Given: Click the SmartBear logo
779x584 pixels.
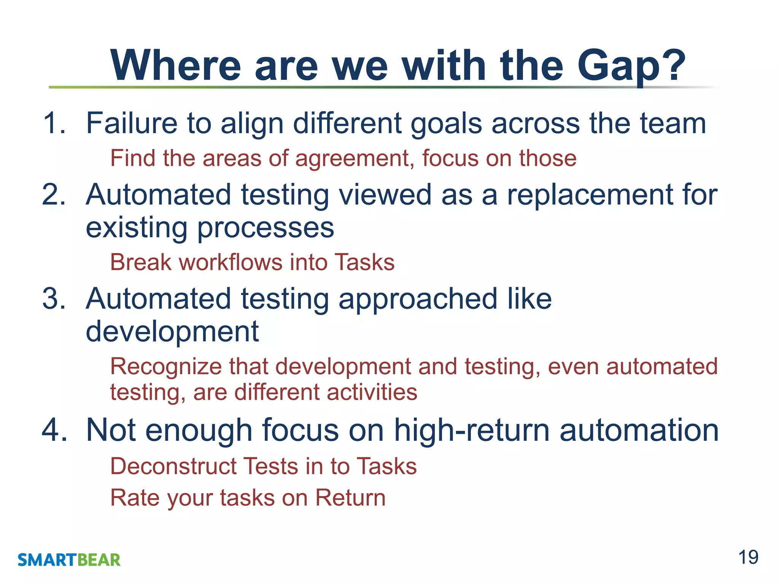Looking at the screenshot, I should click(x=69, y=560).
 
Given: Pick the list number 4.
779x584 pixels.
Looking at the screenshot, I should click(x=54, y=430).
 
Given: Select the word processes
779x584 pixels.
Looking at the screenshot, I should click(x=265, y=228).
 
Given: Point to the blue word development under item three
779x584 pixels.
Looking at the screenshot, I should click(x=172, y=331).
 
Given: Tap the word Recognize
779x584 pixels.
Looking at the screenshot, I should click(x=166, y=367).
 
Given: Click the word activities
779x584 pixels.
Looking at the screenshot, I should click(x=372, y=392).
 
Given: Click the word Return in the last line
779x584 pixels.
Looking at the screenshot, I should click(x=350, y=498).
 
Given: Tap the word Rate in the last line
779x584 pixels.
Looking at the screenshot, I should click(x=134, y=498).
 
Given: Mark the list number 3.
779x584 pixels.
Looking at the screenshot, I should click(x=54, y=299).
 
